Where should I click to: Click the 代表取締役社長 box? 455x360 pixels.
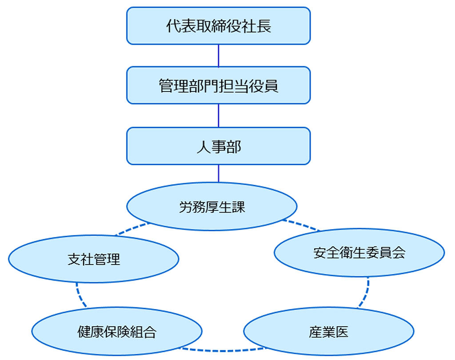[x=218, y=26]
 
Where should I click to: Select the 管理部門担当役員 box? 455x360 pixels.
[x=218, y=85]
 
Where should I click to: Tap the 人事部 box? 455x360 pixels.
[x=218, y=146]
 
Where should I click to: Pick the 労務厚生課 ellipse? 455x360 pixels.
[x=212, y=206]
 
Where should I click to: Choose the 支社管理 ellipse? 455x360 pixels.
[x=94, y=259]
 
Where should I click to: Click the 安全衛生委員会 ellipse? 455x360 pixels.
[x=359, y=253]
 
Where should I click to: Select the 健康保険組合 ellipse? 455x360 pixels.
[x=117, y=332]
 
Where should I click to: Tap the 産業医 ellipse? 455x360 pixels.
[x=329, y=332]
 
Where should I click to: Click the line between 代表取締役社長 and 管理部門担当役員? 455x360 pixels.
[x=219, y=55]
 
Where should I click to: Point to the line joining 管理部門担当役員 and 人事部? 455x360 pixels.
[x=219, y=116]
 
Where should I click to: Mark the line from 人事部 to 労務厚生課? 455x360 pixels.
[x=219, y=173]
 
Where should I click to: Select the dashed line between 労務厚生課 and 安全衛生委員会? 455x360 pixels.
[x=300, y=225]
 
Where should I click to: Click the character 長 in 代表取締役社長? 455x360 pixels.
[x=264, y=26]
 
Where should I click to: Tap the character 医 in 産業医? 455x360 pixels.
[x=342, y=332]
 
